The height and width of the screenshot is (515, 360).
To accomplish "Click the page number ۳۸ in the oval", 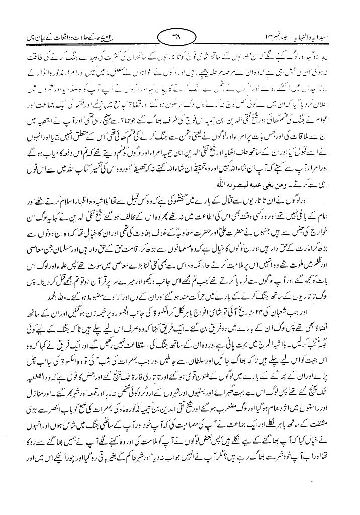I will (180, 36).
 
